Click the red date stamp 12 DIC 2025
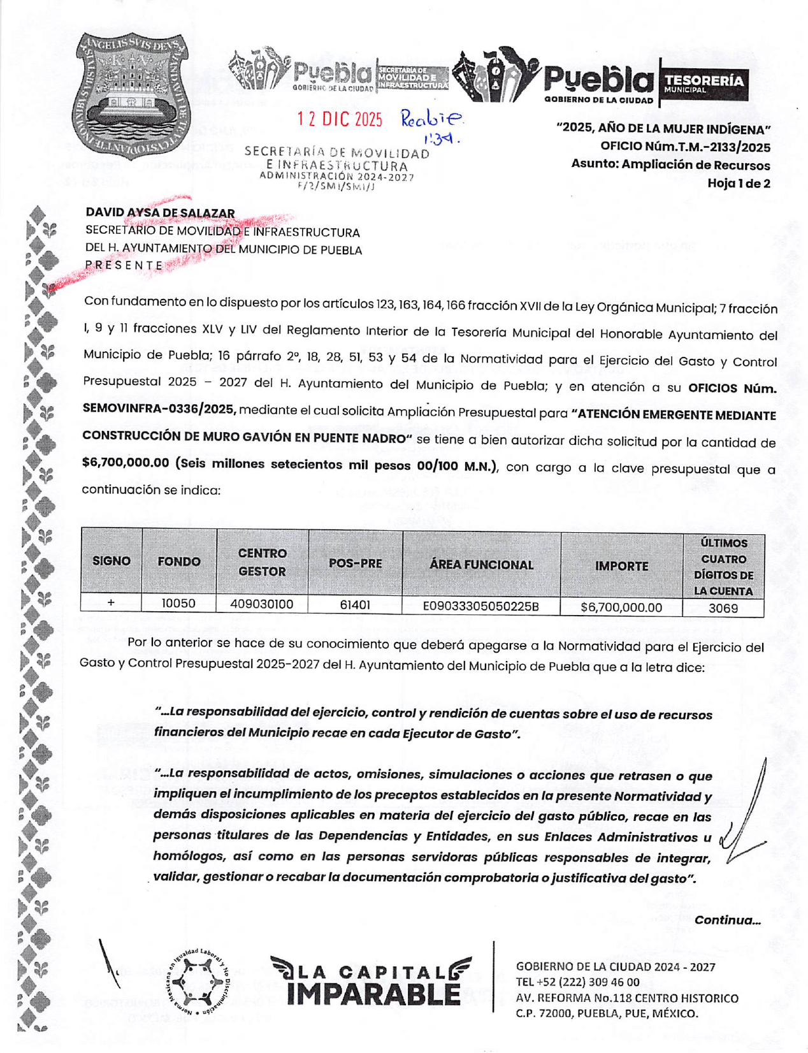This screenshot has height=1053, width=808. pos(340,119)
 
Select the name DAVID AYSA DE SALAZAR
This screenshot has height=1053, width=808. pos(160,213)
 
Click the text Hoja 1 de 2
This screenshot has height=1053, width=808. pos(739,184)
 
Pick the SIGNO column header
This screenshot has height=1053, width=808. pos(112,561)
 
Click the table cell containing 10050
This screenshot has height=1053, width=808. pos(178,603)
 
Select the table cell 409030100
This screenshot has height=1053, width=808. pos(261,604)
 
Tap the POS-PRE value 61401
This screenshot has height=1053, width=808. pos(355,604)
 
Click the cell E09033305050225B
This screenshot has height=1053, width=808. pos(481,606)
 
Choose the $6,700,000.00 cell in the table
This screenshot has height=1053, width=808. pos(621,607)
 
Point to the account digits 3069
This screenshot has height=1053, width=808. pos(723,608)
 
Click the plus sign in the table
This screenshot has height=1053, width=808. pos(111,602)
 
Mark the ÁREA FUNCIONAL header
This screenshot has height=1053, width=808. pos(481,565)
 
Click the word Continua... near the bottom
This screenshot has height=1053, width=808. pos(727,920)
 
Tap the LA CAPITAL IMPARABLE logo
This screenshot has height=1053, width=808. pos(372,982)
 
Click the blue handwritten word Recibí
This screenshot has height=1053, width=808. pos(431,118)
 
